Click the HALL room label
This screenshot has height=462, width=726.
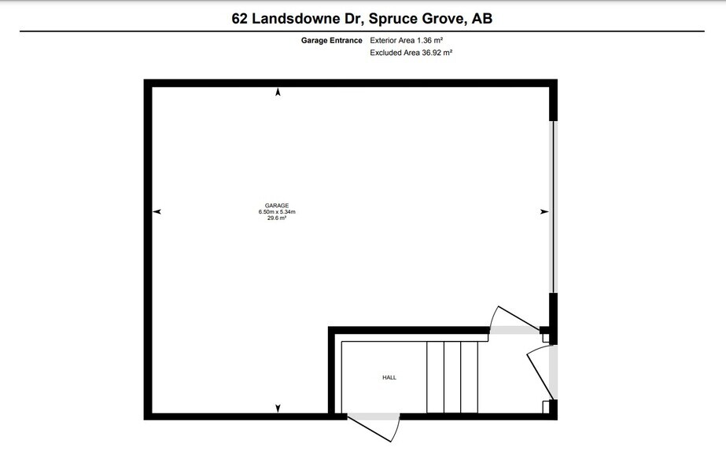click(x=389, y=378)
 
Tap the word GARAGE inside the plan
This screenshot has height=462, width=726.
click(x=276, y=206)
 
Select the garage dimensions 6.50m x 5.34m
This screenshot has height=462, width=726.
click(x=276, y=212)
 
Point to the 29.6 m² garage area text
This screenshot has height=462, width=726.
click(x=276, y=218)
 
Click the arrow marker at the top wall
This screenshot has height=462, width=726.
click(x=278, y=93)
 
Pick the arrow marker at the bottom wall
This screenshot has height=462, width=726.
click(x=278, y=408)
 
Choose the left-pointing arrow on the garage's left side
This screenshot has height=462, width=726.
click(x=157, y=212)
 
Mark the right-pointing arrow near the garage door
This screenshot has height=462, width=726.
click(x=543, y=212)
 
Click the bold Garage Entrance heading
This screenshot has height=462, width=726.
click(x=331, y=41)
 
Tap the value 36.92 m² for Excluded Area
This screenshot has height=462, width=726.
click(x=434, y=53)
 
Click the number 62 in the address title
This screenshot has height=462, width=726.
click(x=241, y=18)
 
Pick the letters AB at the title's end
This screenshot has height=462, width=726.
click(x=481, y=18)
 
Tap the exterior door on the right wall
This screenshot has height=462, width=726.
click(x=541, y=373)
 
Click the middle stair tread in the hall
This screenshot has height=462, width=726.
click(x=452, y=377)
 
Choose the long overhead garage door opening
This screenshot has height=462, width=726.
click(x=553, y=207)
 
